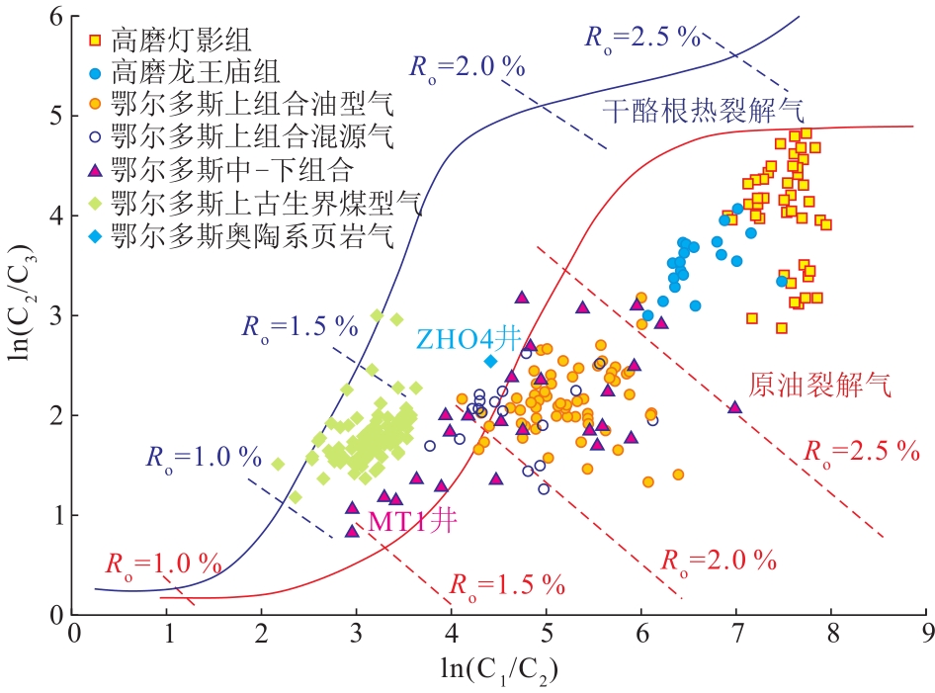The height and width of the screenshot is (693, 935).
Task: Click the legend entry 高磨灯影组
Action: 182,42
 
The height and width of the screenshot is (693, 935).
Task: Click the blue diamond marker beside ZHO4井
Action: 490,361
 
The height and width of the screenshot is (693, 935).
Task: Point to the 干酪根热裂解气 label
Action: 703,109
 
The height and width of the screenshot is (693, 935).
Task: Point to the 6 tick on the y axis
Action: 55,17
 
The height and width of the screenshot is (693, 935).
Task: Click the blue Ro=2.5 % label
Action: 642,38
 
